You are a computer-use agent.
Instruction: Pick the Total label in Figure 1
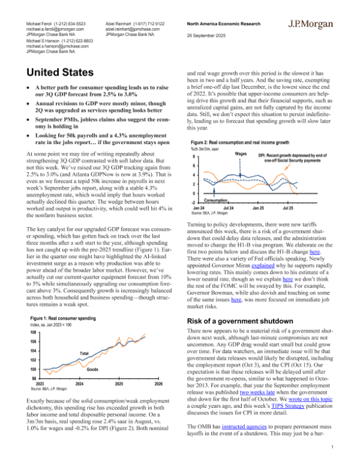click(x=85, y=352)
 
